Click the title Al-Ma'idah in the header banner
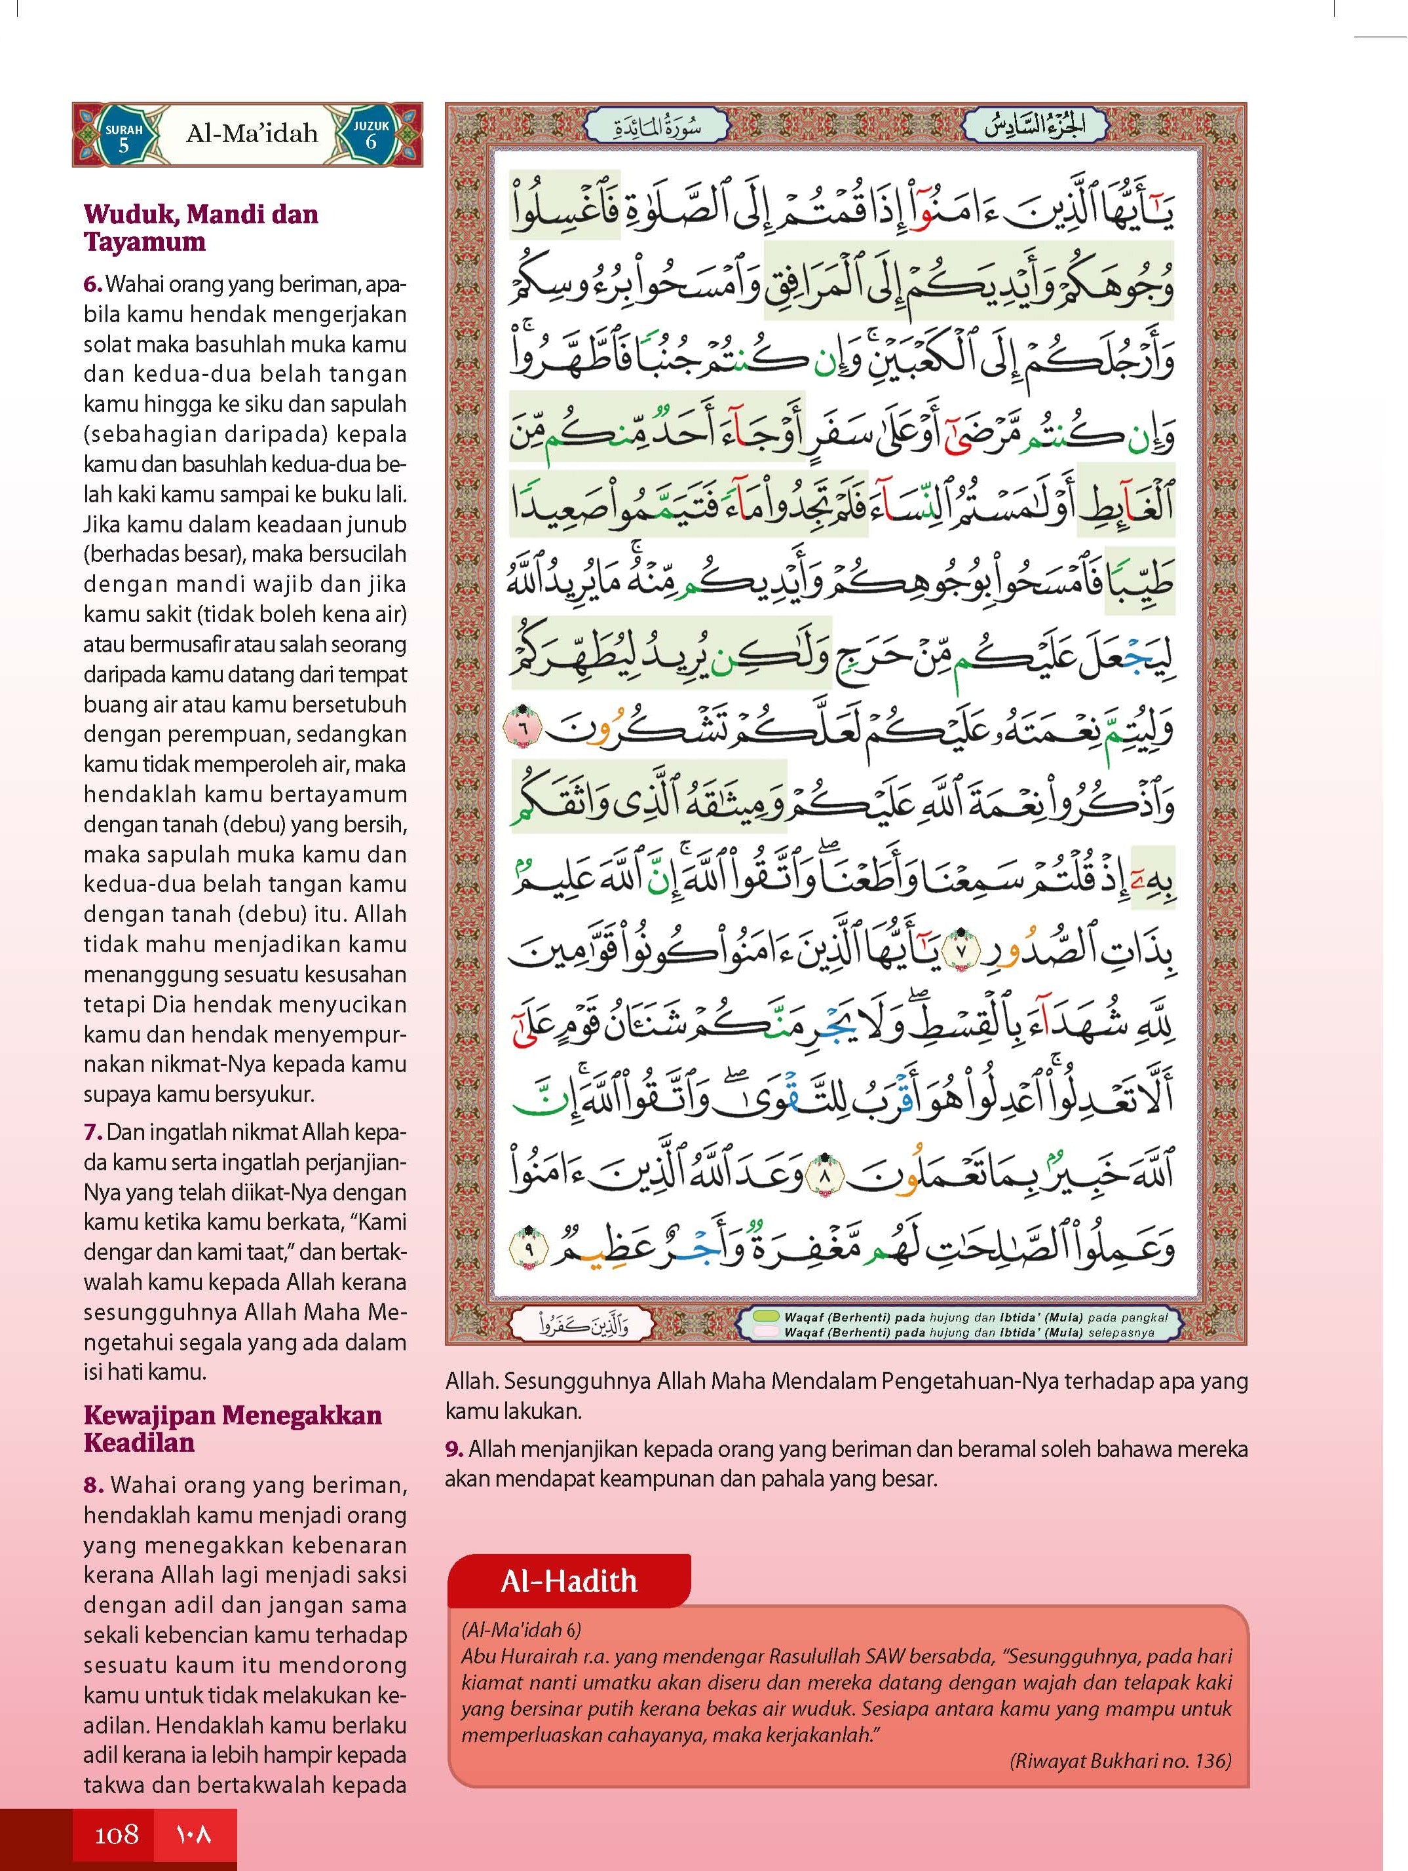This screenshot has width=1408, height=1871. click(x=252, y=134)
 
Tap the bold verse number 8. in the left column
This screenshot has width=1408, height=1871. click(x=95, y=1485)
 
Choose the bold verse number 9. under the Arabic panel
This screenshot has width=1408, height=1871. click(x=455, y=1449)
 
